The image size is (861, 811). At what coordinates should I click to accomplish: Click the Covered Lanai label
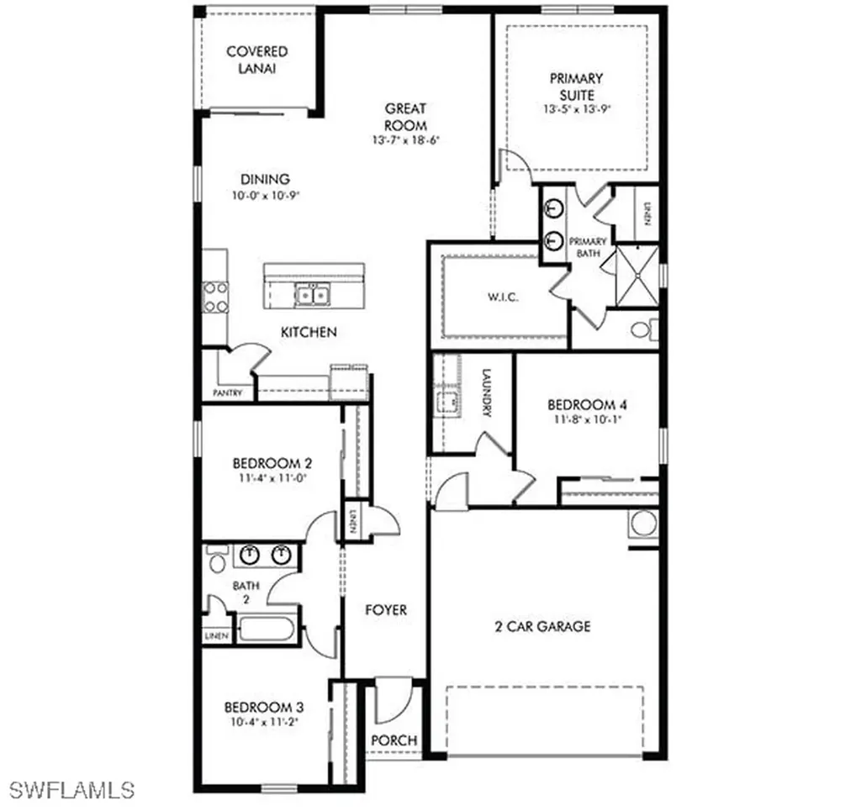(x=256, y=60)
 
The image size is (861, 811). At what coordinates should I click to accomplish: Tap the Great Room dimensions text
(x=405, y=140)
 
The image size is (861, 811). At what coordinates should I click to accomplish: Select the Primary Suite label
(x=576, y=86)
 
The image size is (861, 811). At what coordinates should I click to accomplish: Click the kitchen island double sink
(x=310, y=294)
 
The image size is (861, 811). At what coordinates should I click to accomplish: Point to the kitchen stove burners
(x=215, y=297)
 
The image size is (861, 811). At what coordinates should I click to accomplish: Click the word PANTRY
(x=228, y=392)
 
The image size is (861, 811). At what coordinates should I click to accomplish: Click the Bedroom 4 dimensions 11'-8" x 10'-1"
(x=586, y=420)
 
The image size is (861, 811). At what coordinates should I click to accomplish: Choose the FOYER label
(x=386, y=610)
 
